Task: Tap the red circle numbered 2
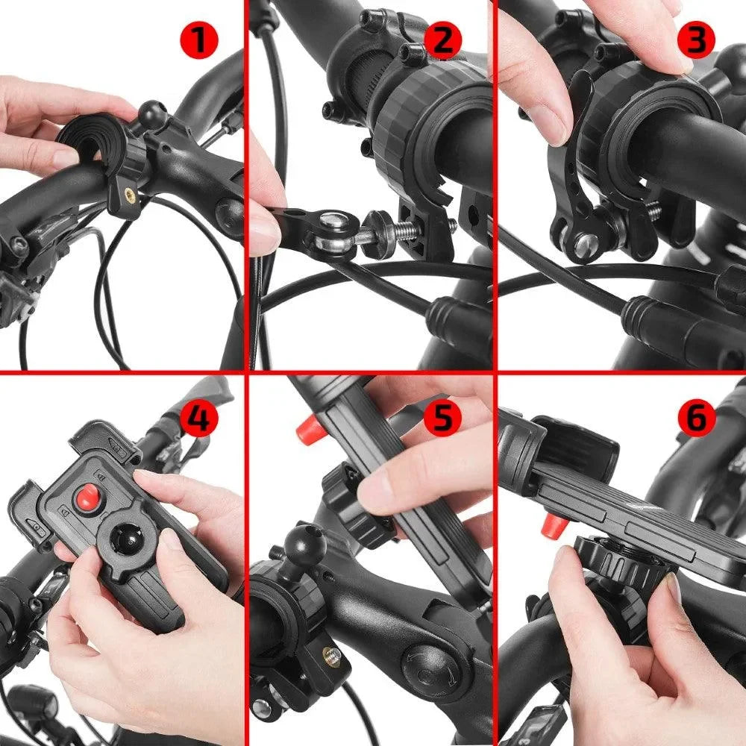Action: [442, 41]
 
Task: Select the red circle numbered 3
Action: [695, 41]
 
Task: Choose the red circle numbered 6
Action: [696, 419]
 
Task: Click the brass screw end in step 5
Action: [333, 656]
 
